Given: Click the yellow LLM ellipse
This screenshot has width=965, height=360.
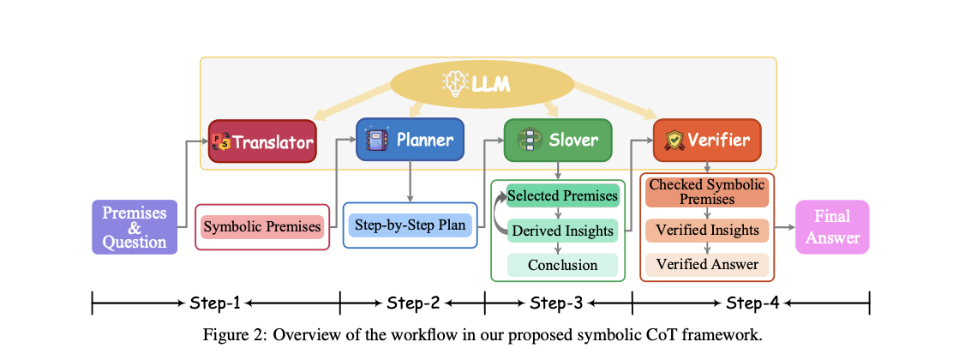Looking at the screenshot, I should (x=482, y=84).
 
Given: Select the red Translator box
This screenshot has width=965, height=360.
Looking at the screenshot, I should (x=262, y=141).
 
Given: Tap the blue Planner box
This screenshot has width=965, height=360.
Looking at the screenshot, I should (x=410, y=139).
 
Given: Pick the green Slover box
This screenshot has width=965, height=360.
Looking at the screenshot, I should (x=558, y=140).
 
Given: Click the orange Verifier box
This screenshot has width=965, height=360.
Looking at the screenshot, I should (x=706, y=140).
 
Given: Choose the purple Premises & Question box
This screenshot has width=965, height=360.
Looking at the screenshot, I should (x=135, y=227).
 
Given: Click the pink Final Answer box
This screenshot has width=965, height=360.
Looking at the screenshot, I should (x=831, y=227).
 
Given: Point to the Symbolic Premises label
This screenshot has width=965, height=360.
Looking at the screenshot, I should (x=262, y=227).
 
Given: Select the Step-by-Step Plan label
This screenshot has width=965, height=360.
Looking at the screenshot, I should (x=410, y=226).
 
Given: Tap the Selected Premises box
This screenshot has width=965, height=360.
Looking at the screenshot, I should (x=562, y=196).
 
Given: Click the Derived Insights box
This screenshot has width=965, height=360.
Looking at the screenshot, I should (x=562, y=231).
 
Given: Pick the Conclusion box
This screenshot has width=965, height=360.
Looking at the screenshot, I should (x=562, y=265).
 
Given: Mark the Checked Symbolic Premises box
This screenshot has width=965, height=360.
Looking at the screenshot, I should (x=706, y=192).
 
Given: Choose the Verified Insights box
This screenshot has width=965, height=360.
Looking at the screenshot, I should (x=707, y=230).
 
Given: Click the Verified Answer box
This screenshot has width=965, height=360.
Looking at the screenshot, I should (x=707, y=264).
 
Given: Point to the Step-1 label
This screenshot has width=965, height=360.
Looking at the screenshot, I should (x=215, y=303).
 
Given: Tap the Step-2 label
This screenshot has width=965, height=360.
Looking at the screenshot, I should (x=412, y=303).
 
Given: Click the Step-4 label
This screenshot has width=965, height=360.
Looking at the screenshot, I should (x=752, y=303).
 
